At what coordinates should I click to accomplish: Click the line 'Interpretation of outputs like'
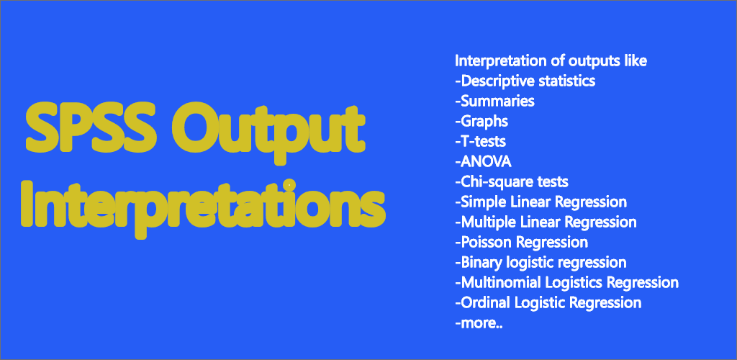pos(551,61)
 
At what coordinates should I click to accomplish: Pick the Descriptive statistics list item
pos(525,81)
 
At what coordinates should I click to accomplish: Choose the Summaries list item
pos(494,101)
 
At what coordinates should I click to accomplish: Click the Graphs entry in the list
pos(481,122)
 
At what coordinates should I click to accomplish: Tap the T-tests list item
pos(480,141)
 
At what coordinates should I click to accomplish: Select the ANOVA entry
pos(483,162)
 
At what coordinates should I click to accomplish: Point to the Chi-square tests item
pos(512,182)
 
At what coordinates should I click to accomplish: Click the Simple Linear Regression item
pos(541,202)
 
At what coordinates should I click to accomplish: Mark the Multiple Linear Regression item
pos(546,222)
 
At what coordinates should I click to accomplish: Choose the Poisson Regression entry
pos(521,243)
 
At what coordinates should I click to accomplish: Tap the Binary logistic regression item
pos(541,263)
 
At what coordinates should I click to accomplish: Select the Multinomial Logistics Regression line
pos(567,283)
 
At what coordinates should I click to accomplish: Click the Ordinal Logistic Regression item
pos(548,303)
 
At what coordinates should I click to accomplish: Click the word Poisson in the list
pos(487,243)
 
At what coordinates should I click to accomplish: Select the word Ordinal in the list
pos(486,303)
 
